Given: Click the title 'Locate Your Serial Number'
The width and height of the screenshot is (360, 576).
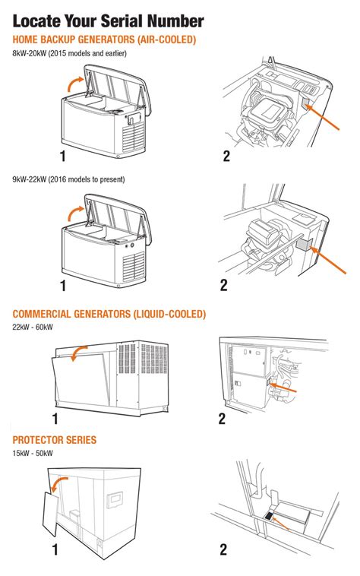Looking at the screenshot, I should coord(108,19).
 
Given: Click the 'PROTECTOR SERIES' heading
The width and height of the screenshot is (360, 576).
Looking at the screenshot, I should coord(54,440).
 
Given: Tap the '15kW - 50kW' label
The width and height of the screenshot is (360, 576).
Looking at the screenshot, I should coord(33,453).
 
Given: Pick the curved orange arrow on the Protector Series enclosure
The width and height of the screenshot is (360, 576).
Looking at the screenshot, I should coord(59,485).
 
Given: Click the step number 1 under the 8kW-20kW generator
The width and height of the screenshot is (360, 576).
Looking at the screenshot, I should coord(63,156).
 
